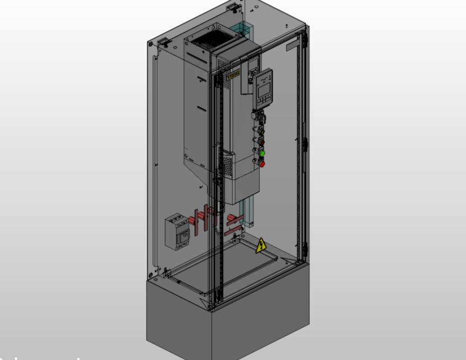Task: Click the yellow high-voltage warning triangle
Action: point(261,246)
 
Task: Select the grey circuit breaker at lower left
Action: point(176,231)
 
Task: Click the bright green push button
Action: point(261,153)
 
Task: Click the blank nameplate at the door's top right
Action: point(293,46)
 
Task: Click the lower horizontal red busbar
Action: point(234,231)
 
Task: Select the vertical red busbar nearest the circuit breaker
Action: point(196,221)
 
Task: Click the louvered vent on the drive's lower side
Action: point(227,164)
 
